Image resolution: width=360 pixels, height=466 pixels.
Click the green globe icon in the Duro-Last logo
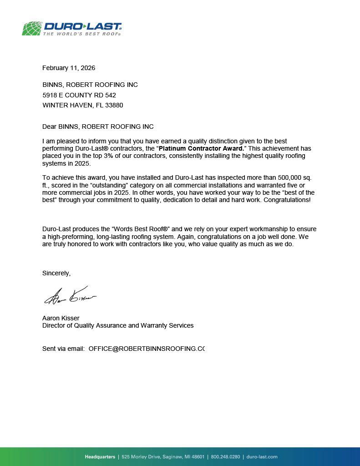pos(32,28)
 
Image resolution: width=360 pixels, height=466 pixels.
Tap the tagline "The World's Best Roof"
pos(82,34)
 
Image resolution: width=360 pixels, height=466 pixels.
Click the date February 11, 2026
pos(69,68)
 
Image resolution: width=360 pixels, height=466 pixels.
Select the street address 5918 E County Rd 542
pos(79,95)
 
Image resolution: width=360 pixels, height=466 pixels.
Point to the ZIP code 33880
pos(114,105)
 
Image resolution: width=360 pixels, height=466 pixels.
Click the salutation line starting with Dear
pos(98,127)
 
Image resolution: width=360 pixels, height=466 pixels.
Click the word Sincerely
pos(56,274)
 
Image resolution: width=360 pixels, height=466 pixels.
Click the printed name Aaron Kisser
pos(61,318)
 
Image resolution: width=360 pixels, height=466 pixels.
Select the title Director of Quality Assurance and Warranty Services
pos(118,325)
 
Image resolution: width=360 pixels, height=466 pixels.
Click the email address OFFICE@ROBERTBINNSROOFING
pos(146,349)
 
